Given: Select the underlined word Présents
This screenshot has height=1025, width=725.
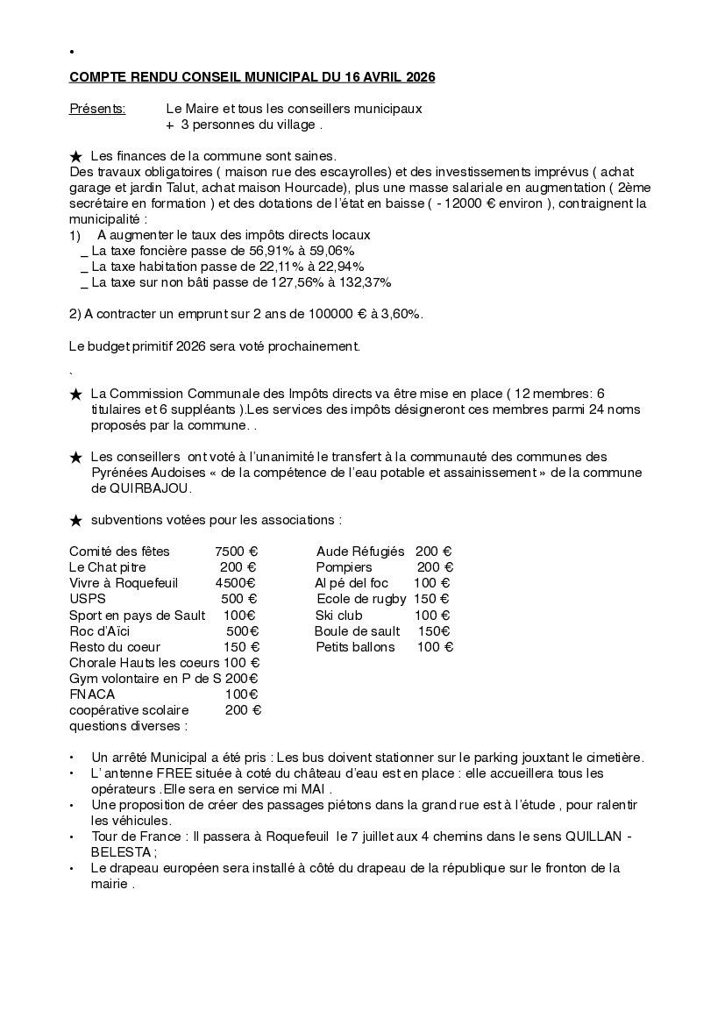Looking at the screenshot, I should click(97, 109).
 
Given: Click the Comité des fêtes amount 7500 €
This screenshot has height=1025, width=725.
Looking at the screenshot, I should click(236, 552).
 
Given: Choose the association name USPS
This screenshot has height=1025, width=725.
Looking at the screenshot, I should click(88, 599).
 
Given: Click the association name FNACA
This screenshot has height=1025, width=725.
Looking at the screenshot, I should click(92, 694).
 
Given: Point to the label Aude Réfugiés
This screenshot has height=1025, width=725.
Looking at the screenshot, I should click(360, 552).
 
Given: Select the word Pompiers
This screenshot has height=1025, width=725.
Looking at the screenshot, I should click(345, 567).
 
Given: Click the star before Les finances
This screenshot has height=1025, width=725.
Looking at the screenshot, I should click(76, 156).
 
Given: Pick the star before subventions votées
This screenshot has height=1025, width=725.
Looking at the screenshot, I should click(76, 521).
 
